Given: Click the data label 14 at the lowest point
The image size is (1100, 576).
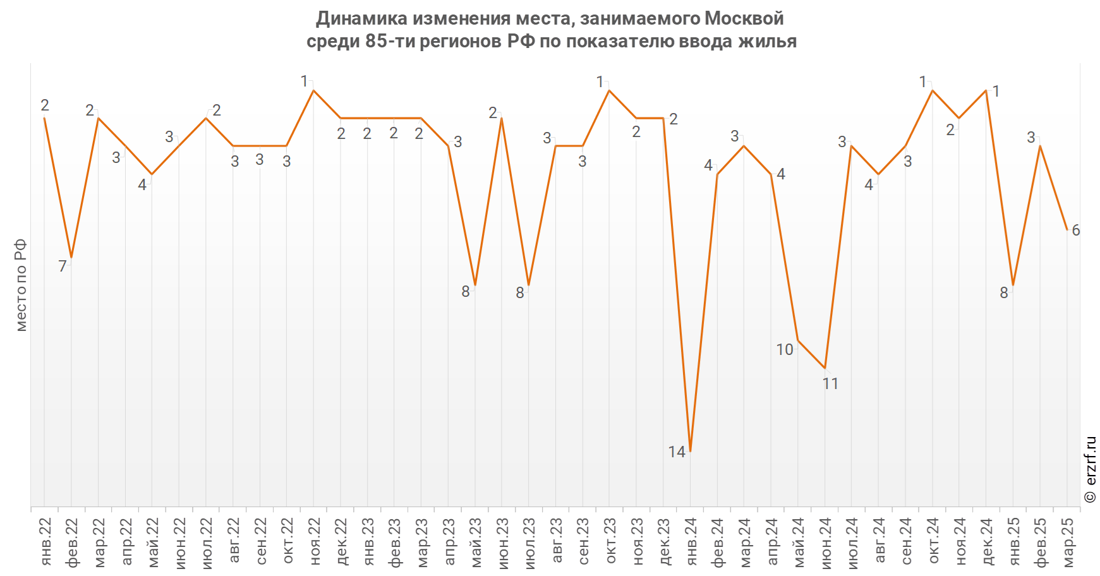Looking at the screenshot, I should tap(677, 452).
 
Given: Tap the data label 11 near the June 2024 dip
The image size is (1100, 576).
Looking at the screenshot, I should tap(830, 383).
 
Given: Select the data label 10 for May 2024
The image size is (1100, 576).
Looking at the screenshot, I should tap(785, 349).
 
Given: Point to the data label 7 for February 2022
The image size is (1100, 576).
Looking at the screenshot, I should tap(63, 267).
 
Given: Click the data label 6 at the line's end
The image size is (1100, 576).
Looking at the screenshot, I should tap(1076, 231).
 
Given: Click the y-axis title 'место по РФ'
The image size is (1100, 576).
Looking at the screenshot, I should tap(21, 285).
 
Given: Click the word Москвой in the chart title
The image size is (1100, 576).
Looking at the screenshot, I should tap(744, 18).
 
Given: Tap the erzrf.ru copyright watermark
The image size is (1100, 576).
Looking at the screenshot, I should tap(1091, 469).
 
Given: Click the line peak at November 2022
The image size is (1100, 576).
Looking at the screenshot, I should tap(313, 90).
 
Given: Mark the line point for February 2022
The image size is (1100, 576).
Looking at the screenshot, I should tap(71, 257).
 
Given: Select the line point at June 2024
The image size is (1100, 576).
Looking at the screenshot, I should tap(825, 368).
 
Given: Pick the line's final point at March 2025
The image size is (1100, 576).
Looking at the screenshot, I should tap(1067, 229).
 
